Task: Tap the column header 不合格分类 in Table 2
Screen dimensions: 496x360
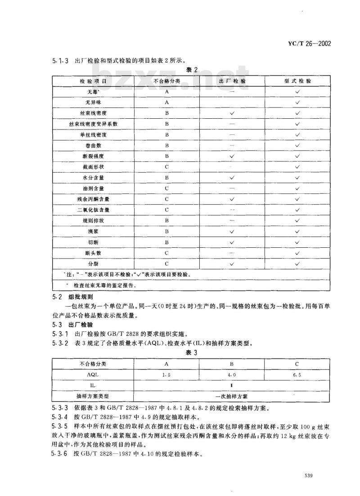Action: [167, 81]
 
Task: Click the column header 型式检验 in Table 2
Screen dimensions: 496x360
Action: [297, 81]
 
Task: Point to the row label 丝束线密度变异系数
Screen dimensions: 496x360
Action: [93, 124]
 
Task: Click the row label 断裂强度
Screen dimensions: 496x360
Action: [93, 156]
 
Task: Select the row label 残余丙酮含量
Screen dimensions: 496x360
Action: [93, 199]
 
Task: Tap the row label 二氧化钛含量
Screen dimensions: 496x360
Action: [93, 210]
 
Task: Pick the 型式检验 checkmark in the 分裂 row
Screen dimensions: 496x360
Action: [297, 264]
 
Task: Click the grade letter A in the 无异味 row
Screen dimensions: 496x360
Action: [167, 103]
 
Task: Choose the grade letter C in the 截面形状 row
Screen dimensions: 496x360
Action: [167, 167]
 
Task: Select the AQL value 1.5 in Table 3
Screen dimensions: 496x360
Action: [166, 374]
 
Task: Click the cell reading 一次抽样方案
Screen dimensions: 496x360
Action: [231, 396]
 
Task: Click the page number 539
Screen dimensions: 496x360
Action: [308, 476]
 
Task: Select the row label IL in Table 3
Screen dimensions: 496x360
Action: [93, 385]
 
